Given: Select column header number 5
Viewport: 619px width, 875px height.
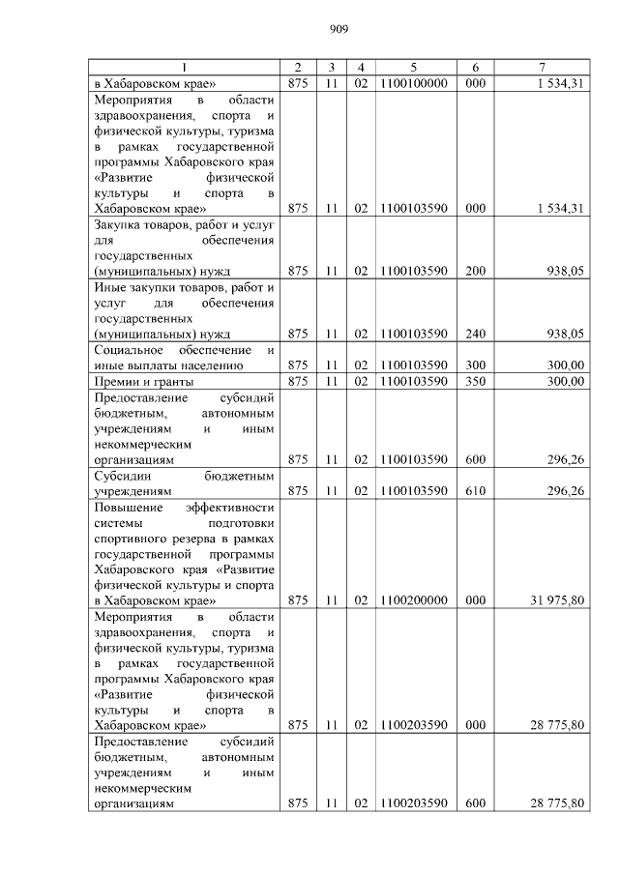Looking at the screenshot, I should tap(414, 67).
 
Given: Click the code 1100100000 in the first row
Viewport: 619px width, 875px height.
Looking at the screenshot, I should tap(414, 83).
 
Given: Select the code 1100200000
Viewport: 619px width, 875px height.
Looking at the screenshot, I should tap(414, 600).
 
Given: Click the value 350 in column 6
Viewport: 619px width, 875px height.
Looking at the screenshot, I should tap(475, 381).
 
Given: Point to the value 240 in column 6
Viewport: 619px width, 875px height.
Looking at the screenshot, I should tap(475, 334).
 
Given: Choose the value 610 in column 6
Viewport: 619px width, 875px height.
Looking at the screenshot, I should tap(475, 491).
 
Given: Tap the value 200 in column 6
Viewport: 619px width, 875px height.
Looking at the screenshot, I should tap(475, 272).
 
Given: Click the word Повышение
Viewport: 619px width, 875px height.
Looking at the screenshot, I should tap(131, 507).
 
